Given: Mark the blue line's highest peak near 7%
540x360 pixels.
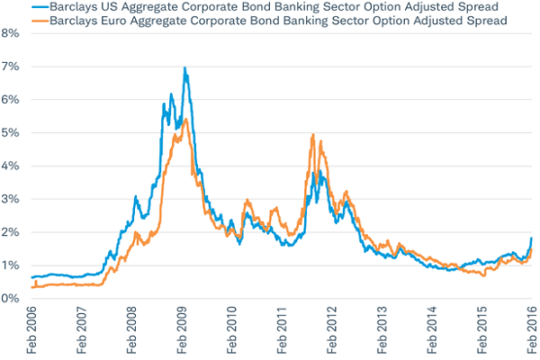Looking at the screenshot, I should [x=184, y=68].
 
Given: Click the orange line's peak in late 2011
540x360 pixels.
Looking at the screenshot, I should [x=312, y=135].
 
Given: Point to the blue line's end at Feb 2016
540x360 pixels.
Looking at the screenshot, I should [x=531, y=238].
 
